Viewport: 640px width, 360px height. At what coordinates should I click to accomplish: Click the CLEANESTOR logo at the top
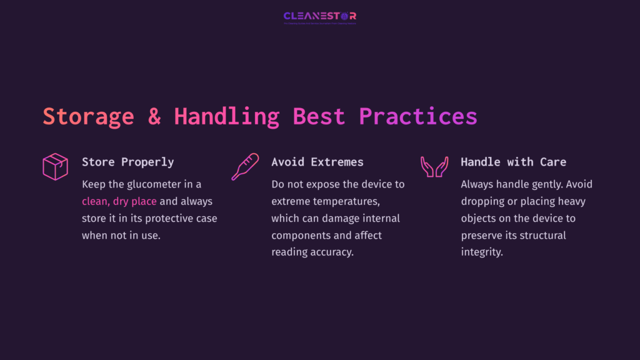[319, 16]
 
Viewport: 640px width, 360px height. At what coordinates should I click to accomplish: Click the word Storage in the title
[88, 117]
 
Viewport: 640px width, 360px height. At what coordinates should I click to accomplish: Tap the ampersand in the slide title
[154, 117]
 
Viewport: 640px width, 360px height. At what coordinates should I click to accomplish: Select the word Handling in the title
[226, 117]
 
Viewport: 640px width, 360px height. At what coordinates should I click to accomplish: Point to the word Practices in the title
[417, 117]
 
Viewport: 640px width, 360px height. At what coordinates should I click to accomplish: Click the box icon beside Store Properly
[55, 167]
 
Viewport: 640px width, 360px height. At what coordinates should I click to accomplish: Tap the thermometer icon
[244, 167]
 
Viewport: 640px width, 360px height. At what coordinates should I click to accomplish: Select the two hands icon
[434, 167]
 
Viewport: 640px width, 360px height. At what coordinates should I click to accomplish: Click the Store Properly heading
[128, 162]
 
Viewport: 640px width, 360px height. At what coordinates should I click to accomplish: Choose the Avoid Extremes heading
[317, 162]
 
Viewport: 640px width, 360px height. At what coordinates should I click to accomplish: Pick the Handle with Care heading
[513, 162]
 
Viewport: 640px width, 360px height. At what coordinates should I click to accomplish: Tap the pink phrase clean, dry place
[119, 202]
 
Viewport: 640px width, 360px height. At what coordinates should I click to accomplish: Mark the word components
[300, 236]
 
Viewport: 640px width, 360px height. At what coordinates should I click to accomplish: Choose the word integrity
[482, 252]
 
